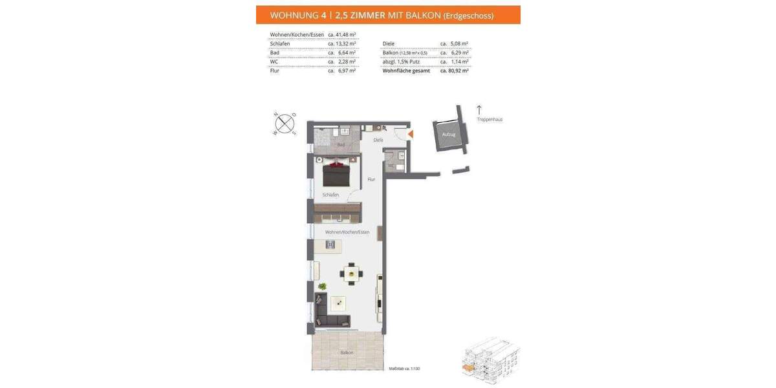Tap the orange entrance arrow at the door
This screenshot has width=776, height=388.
410,134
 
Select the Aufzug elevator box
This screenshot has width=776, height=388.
449,135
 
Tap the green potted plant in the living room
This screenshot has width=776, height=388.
322,286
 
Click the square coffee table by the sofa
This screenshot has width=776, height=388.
338,302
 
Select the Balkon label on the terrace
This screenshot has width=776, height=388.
347,352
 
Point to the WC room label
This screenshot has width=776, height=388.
391,165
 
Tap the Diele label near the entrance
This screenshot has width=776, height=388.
378,140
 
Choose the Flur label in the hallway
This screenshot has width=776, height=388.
371,179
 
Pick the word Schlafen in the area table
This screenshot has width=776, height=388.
281,44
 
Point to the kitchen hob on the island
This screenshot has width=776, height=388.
331,244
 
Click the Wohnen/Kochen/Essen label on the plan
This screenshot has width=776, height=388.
347,232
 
